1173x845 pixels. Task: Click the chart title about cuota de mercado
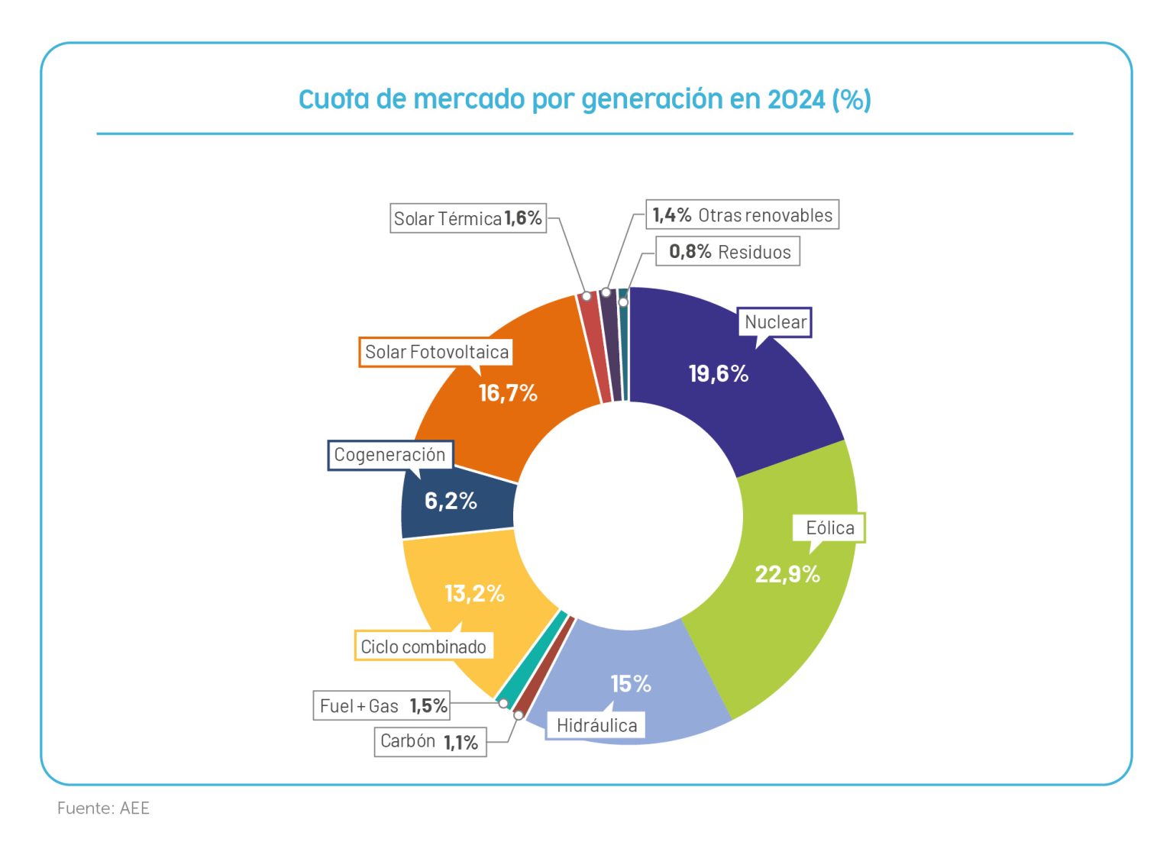coord(585,99)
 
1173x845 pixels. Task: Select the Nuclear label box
coord(775,322)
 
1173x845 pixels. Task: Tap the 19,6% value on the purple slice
coord(719,373)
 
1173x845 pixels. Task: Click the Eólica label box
coord(830,527)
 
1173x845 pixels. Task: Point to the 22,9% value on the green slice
coord(787,574)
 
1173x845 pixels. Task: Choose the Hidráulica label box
coord(596,725)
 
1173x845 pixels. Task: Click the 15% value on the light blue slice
coord(631,684)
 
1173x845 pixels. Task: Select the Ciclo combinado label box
coord(423,647)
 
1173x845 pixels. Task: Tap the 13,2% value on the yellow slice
coord(474,593)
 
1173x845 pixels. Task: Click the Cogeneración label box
coord(390,455)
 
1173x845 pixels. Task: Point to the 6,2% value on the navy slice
coord(451,501)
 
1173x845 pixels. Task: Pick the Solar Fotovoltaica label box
coord(436,352)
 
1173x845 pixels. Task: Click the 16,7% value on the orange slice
coord(508,393)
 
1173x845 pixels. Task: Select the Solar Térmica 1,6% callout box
coord(468,218)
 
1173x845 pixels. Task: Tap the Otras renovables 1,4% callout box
coord(742,214)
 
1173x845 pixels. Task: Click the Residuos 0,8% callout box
coord(728,251)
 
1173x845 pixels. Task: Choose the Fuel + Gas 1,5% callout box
coord(382,705)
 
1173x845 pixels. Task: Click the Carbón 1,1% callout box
coord(430,741)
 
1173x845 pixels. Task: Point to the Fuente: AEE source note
coord(103,808)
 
